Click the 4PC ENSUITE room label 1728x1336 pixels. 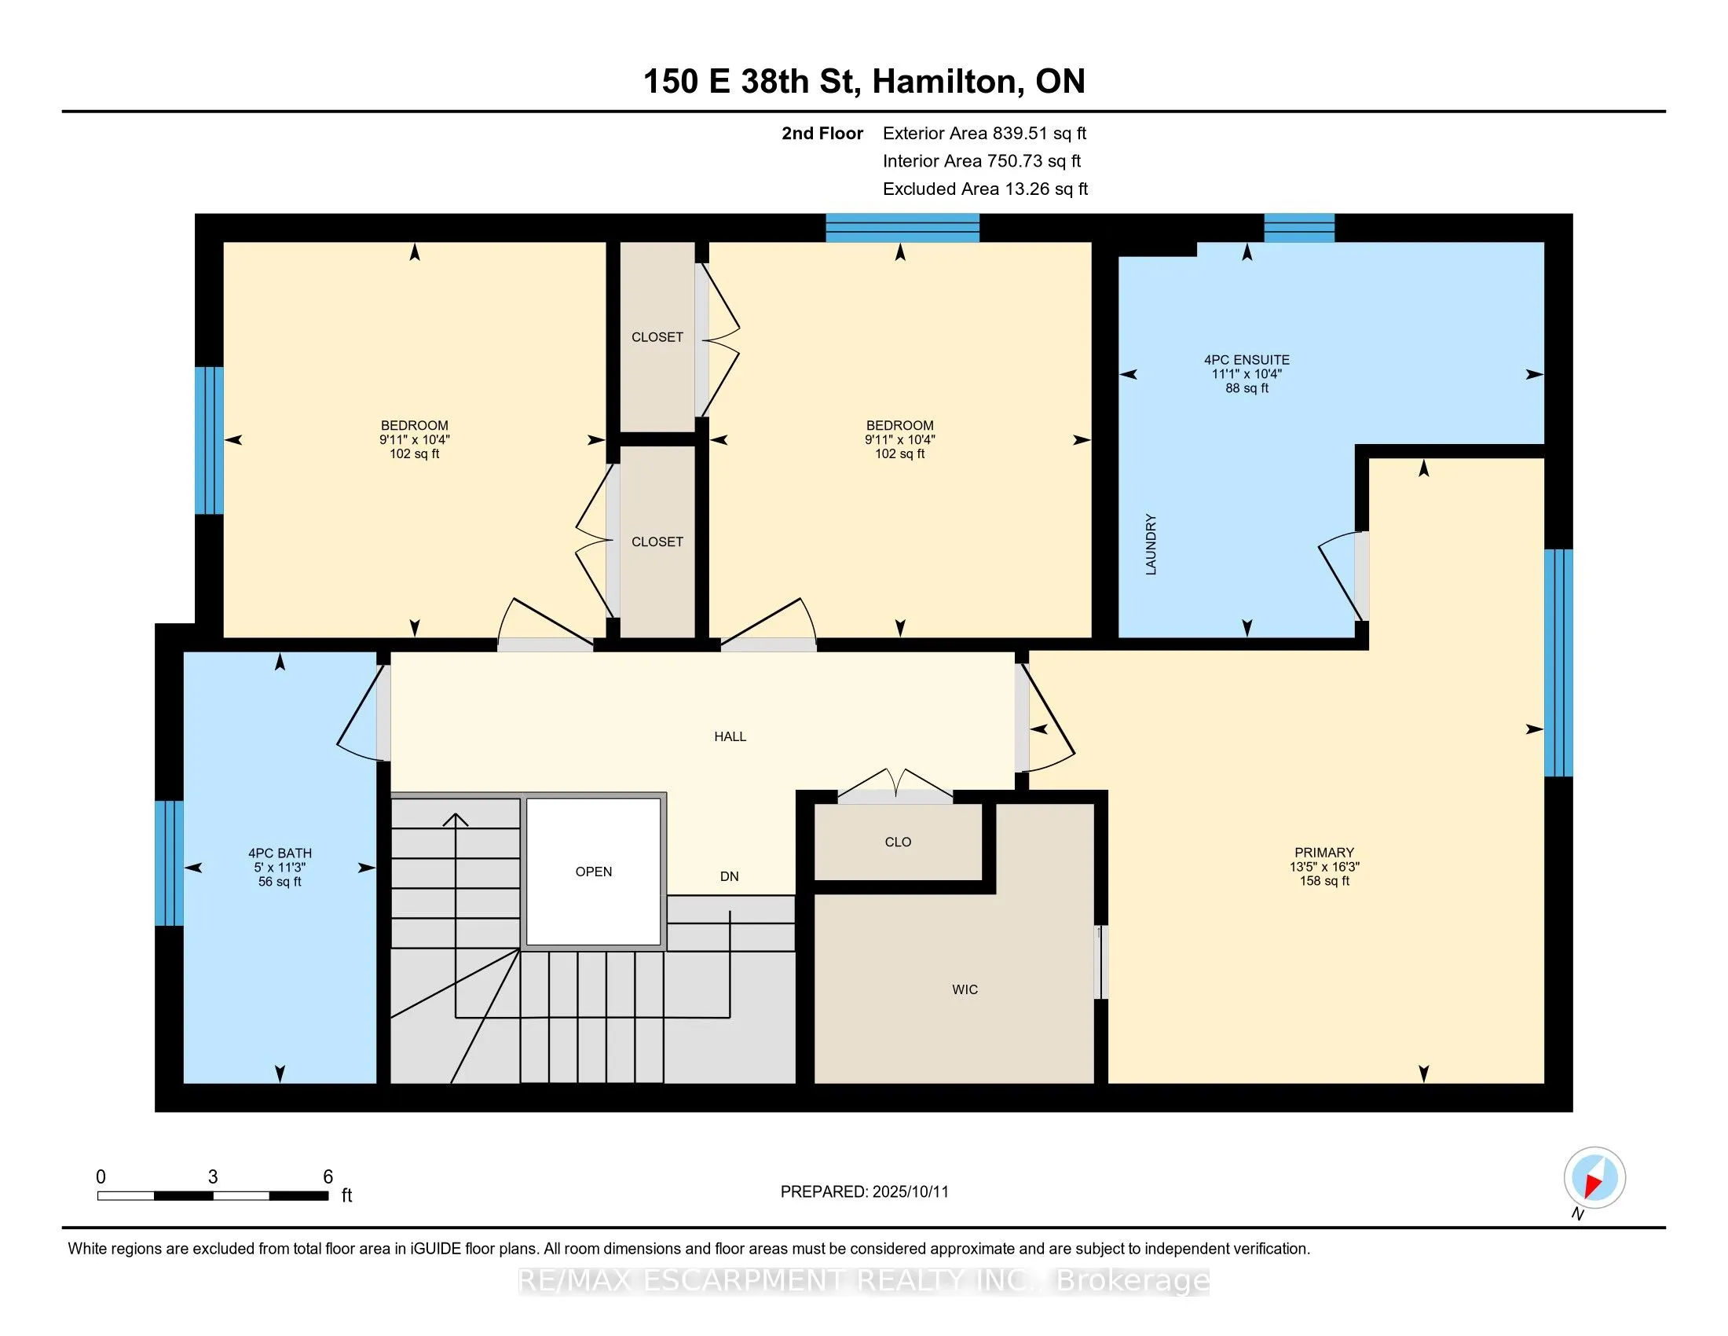[x=1247, y=359]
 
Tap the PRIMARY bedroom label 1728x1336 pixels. [x=1324, y=853]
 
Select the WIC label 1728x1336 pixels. [x=965, y=989]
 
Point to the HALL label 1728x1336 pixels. [x=730, y=737]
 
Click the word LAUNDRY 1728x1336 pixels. [x=1151, y=545]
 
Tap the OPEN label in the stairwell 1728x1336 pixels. [x=593, y=872]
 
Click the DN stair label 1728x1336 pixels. [x=730, y=876]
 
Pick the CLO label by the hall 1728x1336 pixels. [x=898, y=842]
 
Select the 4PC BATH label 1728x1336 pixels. [x=280, y=853]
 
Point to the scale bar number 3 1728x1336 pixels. [x=213, y=1177]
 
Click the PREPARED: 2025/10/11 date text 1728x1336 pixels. [x=865, y=1192]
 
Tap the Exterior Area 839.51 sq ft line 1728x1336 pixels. [x=985, y=134]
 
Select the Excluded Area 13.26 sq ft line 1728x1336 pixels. [x=986, y=189]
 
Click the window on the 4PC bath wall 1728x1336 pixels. [x=170, y=863]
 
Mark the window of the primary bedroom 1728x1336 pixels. [x=1558, y=662]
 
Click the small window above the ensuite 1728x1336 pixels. [x=1299, y=228]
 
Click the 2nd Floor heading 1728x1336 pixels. [x=822, y=134]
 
